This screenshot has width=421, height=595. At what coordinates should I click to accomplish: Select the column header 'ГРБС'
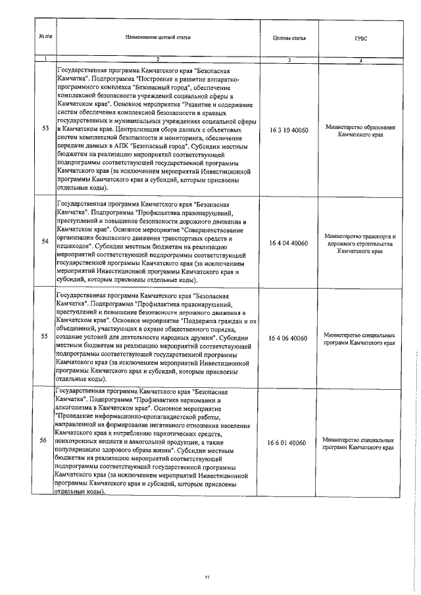[x=360, y=38]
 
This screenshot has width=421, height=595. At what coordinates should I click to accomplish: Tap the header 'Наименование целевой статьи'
[x=158, y=38]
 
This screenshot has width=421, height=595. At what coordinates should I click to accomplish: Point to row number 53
[x=44, y=128]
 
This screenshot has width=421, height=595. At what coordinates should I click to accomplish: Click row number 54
[x=44, y=242]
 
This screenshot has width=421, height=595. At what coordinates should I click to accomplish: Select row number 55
[x=44, y=337]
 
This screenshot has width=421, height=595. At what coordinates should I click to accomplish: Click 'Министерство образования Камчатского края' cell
[x=360, y=130]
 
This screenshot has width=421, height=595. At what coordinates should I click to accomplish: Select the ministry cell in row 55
[x=360, y=339]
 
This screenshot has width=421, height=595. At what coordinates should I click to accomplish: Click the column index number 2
[x=158, y=60]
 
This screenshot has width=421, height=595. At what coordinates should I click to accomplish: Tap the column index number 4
[x=360, y=60]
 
